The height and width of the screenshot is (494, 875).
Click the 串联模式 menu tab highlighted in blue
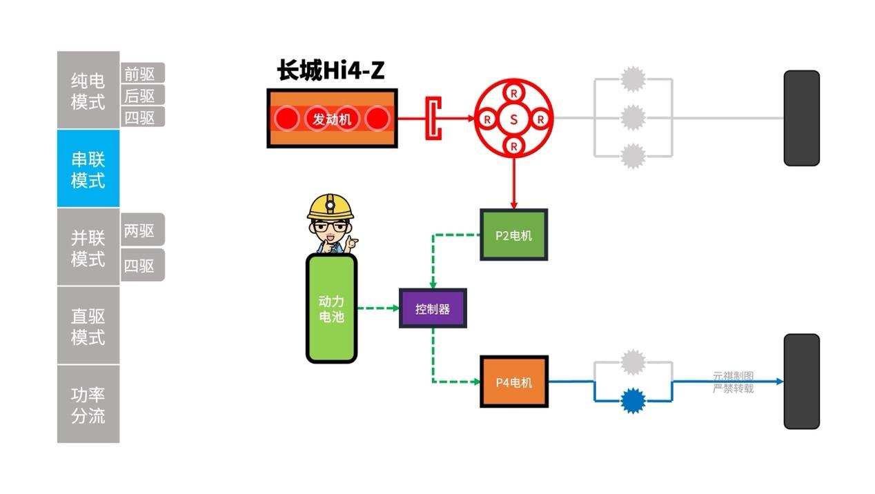(88, 169)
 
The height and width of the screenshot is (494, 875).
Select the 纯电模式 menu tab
(88, 90)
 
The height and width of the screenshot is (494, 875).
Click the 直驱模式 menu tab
(88, 326)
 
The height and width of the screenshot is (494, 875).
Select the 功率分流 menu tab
(88, 405)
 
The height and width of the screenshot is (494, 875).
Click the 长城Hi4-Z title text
(331, 70)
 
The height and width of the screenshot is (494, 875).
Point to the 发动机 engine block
(332, 119)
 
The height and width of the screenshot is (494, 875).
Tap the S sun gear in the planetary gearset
(513, 119)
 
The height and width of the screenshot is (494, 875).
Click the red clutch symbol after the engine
(433, 119)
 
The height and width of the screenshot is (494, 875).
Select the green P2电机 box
(513, 235)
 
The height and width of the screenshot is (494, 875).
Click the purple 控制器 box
(433, 308)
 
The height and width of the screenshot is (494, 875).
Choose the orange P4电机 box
(513, 382)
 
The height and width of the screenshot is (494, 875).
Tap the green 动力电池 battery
(331, 308)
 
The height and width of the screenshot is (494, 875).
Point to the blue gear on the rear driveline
(632, 400)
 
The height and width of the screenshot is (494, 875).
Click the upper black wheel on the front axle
(801, 118)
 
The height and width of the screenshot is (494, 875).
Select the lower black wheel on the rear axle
(801, 382)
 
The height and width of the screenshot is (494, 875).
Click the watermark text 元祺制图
(733, 376)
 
